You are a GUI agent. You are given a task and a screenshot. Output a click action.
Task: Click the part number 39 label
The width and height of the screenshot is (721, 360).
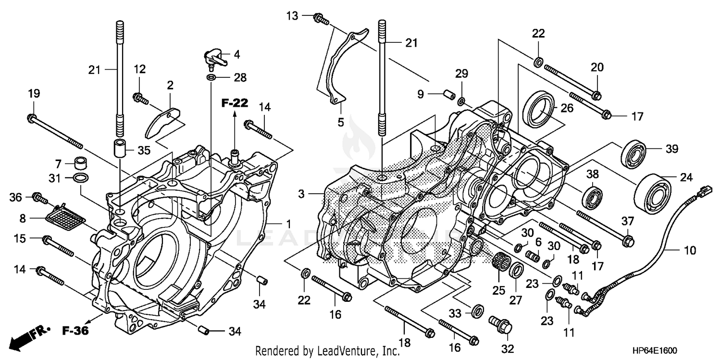pyautogui.click(x=672, y=149)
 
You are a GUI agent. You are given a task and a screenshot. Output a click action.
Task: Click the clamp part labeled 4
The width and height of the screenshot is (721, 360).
pyautogui.click(x=214, y=58)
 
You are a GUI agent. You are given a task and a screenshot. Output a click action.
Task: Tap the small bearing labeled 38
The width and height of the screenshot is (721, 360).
pyautogui.click(x=592, y=196)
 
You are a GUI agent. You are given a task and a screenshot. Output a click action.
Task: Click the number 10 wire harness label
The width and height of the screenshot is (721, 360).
pyautogui.click(x=690, y=250)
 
